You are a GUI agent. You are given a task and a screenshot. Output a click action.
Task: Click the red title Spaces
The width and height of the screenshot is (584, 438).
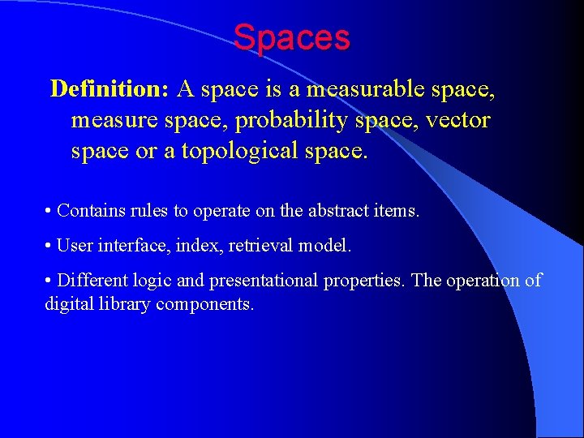291,37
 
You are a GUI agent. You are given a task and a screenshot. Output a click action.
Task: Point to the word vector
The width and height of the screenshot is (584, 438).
460,121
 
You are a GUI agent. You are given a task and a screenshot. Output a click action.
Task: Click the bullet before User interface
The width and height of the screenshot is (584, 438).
49,246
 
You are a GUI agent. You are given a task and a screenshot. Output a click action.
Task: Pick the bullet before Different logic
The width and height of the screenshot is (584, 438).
49,281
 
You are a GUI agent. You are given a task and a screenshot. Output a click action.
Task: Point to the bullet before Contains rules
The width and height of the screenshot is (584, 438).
49,211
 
